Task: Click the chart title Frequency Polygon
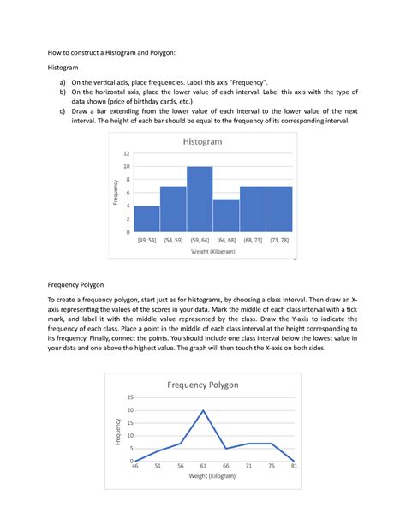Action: [x=202, y=385]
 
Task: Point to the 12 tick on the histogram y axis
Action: [x=126, y=153]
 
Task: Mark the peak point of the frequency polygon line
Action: [x=203, y=410]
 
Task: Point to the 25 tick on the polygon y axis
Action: [x=129, y=397]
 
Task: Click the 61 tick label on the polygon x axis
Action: [x=203, y=468]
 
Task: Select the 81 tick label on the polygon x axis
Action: [x=295, y=468]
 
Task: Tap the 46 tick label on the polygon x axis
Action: [x=134, y=468]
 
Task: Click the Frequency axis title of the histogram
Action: [x=115, y=192]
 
